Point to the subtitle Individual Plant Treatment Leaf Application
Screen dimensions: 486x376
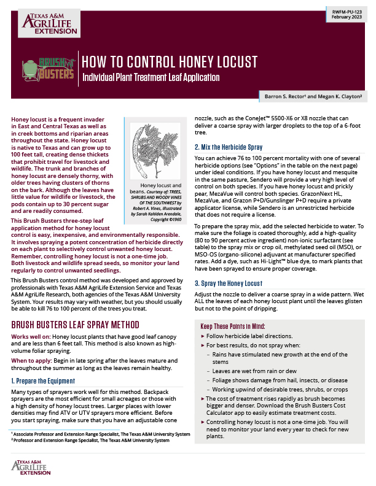click(151, 78)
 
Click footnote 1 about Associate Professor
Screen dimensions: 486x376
click(97, 433)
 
